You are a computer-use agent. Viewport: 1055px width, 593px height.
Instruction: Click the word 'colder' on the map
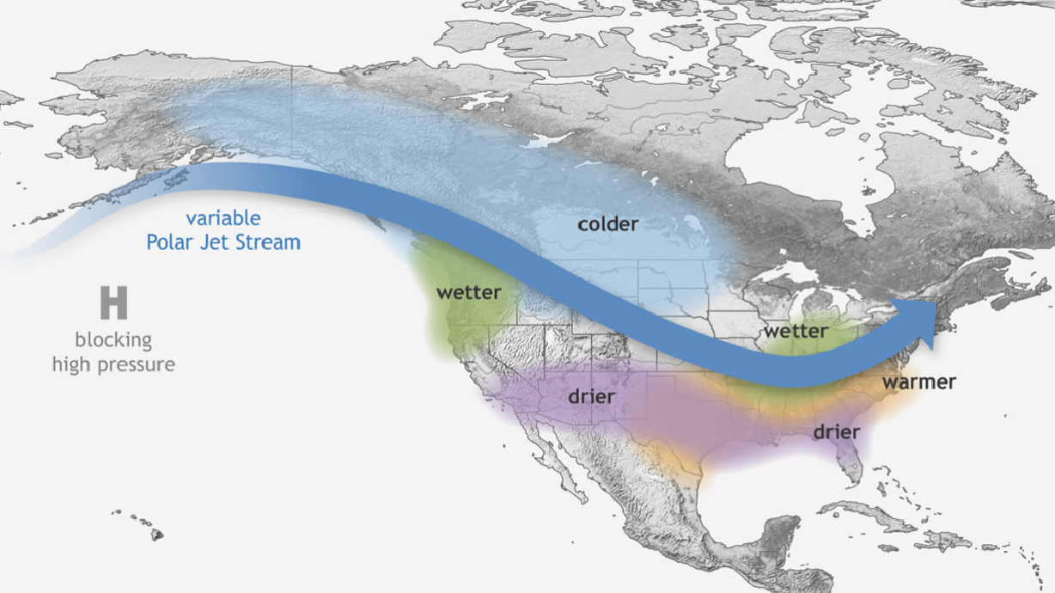tap(607, 224)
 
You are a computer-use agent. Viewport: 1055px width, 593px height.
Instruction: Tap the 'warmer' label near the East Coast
tap(918, 382)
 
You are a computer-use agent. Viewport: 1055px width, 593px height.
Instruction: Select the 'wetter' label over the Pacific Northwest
tap(468, 292)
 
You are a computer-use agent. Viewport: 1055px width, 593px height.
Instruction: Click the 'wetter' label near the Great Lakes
tap(796, 331)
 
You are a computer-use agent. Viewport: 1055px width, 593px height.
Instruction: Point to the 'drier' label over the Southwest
tap(591, 396)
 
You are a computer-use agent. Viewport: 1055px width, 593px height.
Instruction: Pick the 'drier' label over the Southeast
tap(836, 431)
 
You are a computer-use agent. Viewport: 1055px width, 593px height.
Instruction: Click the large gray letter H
tap(113, 304)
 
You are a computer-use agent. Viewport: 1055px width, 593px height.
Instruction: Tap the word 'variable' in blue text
tap(223, 218)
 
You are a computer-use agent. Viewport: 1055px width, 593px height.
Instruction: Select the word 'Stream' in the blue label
tap(269, 242)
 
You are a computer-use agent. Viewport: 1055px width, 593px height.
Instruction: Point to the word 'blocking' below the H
tap(113, 339)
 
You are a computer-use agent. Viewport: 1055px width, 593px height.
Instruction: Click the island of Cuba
tap(868, 514)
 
